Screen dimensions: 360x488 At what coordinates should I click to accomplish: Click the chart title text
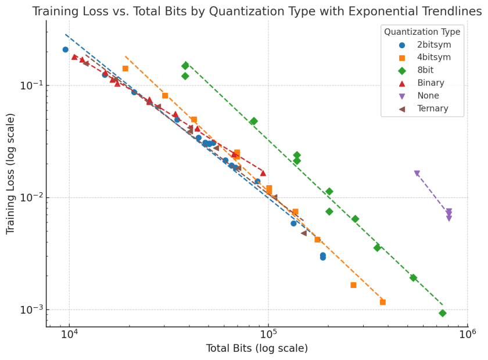(257, 11)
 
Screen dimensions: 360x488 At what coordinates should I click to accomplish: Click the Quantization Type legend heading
(422, 32)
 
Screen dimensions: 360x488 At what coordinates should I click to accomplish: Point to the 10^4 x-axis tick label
(69, 336)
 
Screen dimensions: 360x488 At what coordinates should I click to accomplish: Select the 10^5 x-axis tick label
(268, 336)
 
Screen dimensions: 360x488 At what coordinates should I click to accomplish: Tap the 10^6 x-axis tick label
(467, 336)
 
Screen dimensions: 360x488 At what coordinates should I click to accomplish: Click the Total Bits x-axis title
(257, 348)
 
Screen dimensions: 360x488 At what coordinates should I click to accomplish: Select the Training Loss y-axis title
(10, 174)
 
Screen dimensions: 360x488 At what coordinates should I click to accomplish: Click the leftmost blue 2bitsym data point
(66, 49)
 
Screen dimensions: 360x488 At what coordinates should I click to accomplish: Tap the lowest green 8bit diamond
(443, 313)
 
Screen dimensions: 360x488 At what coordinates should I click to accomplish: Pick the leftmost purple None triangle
(417, 174)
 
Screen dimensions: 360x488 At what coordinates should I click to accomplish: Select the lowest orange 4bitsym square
(383, 302)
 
